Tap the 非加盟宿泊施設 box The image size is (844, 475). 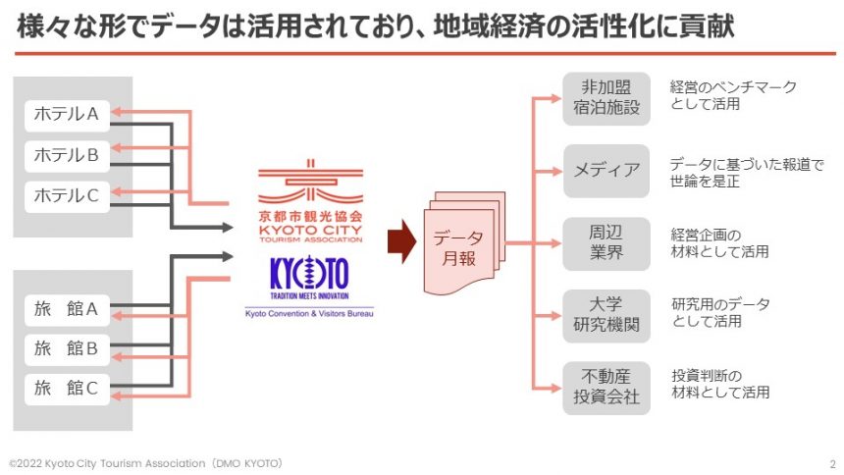click(607, 97)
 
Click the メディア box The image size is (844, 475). click(607, 170)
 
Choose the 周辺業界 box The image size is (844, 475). click(607, 242)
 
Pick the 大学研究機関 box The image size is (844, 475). click(607, 314)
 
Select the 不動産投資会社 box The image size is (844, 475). click(607, 387)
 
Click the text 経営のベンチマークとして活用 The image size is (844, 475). click(733, 95)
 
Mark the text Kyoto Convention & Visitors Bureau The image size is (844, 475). click(309, 313)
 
